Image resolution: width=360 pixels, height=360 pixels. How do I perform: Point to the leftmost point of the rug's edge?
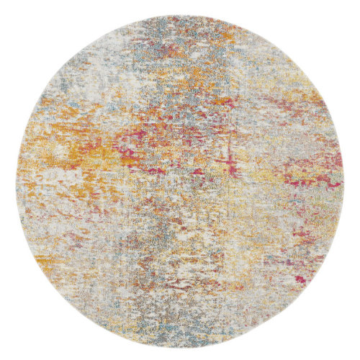(15, 180)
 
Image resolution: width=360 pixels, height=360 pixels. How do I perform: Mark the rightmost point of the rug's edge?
(345, 180)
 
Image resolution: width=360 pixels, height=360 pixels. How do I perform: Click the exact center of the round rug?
(180, 180)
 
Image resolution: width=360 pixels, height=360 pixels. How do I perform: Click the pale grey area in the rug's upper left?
(79, 79)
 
